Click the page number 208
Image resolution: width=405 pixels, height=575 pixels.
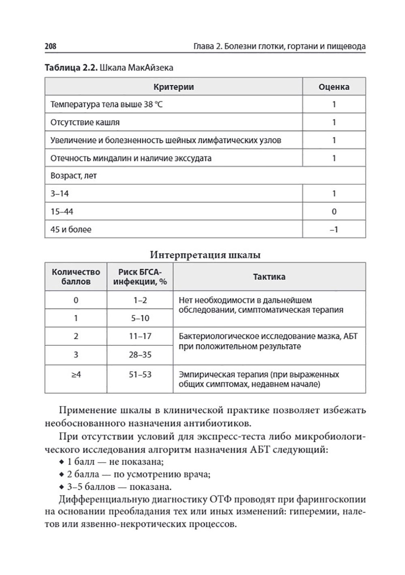51,46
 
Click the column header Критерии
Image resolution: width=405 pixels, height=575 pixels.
173,87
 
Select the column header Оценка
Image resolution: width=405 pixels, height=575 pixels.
334,87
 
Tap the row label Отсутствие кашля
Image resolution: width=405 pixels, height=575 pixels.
85,122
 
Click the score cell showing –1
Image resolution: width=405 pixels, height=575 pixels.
334,230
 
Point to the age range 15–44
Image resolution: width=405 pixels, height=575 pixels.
62,211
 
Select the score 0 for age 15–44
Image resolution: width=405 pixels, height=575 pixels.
334,211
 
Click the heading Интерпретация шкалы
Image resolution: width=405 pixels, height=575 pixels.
205,255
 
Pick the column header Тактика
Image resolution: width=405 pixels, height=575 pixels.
269,277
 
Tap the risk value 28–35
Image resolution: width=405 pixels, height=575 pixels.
140,355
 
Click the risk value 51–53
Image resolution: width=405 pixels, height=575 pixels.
140,375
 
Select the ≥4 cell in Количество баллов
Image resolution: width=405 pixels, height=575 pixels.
76,375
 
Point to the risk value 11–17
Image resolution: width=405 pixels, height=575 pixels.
140,336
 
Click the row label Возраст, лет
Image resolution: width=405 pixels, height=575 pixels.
73,176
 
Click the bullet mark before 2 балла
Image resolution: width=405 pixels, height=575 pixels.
62,474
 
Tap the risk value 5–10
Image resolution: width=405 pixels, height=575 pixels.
140,318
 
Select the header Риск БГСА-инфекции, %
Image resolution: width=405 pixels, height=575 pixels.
140,277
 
